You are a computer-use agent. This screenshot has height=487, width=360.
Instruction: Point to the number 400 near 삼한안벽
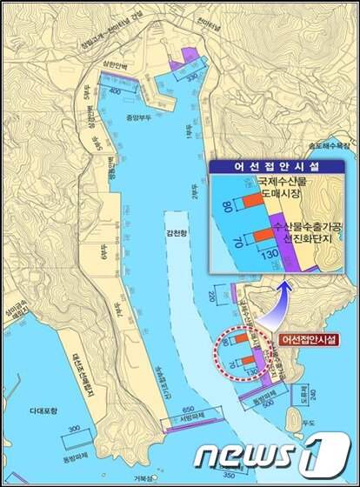(114, 90)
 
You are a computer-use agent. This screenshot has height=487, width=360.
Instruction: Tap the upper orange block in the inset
(251, 202)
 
